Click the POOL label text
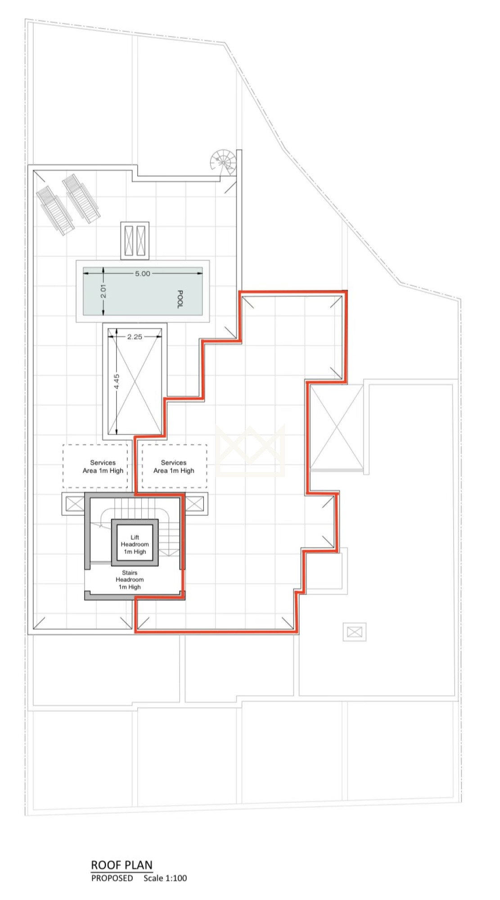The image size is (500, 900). (180, 299)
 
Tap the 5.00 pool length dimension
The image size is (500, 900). (143, 274)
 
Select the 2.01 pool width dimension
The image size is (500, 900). (103, 292)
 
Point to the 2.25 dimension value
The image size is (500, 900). (135, 337)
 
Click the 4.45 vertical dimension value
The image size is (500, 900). (117, 382)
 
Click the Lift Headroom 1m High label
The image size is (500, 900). (135, 544)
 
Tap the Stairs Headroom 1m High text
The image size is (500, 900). (130, 580)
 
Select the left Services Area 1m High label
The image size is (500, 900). (103, 467)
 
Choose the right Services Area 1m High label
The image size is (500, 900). (174, 467)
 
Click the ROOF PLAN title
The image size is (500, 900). (122, 865)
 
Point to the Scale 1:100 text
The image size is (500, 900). (165, 878)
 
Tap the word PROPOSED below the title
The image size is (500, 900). (112, 878)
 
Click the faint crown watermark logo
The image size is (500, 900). (250, 450)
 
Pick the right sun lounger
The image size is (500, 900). (81, 198)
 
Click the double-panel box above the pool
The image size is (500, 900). (135, 240)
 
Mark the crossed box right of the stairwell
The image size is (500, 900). (194, 504)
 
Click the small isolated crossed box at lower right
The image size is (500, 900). (355, 632)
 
